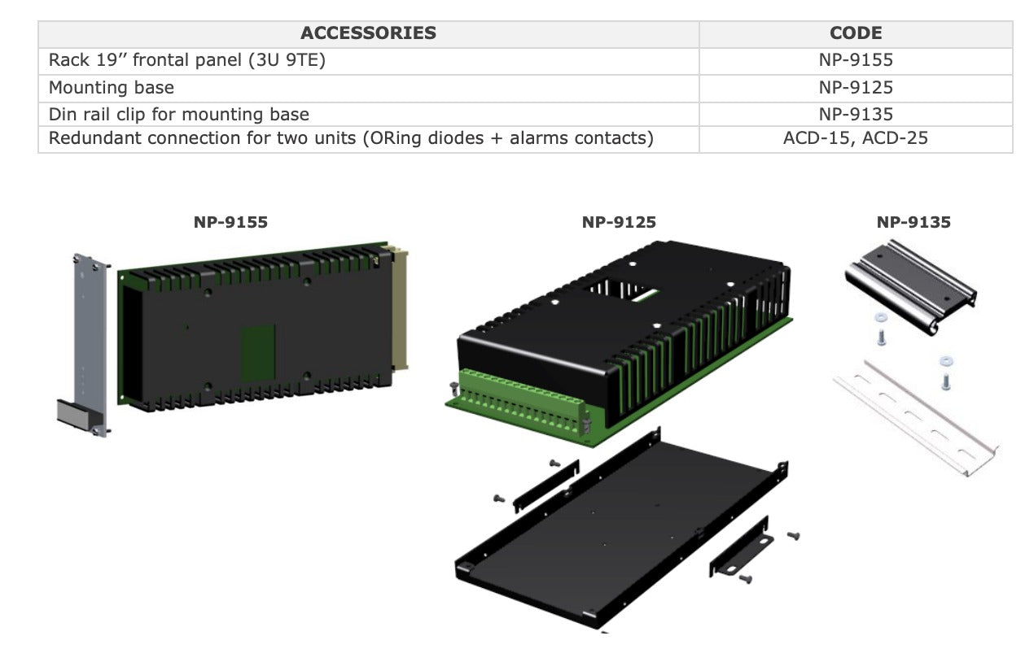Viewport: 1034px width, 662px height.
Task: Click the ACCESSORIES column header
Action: [x=368, y=33]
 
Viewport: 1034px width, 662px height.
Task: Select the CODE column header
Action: [x=856, y=33]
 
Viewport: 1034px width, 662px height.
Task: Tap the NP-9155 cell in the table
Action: [x=856, y=60]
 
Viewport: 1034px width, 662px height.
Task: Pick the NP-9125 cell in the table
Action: [x=856, y=87]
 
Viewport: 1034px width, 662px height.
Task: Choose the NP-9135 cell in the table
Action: [x=856, y=114]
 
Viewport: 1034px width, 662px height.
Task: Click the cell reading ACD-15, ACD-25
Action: [x=856, y=138]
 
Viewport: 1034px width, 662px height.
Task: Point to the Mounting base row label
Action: [x=112, y=87]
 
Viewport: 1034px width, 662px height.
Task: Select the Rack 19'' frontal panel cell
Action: [x=187, y=60]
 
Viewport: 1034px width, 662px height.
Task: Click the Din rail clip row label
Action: [x=179, y=114]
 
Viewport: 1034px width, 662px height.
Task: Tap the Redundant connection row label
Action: [x=351, y=138]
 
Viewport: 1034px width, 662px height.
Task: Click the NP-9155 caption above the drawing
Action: [x=230, y=222]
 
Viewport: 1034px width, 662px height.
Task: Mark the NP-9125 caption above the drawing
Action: [x=619, y=222]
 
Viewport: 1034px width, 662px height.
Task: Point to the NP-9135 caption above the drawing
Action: [x=914, y=222]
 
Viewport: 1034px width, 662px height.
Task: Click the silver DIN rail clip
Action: [x=910, y=285]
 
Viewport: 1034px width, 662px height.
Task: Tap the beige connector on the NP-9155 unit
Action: [x=400, y=309]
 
